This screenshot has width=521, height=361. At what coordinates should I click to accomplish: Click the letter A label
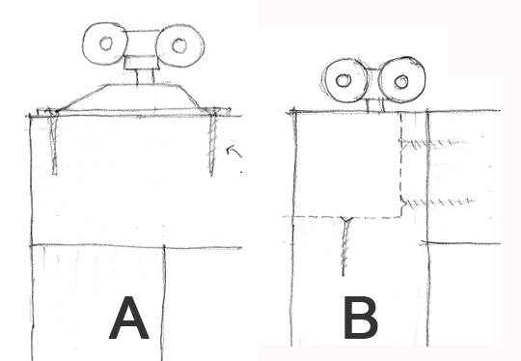point(129,318)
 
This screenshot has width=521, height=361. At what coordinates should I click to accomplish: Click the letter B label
point(361,318)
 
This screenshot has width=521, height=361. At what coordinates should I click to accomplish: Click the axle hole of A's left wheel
point(106,43)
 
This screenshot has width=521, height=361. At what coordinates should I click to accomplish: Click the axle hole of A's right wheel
point(179,45)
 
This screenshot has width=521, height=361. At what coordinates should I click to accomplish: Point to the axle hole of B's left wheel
point(343,80)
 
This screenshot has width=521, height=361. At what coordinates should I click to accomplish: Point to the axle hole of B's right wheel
point(401,81)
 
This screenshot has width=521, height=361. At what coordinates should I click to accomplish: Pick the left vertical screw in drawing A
point(54,142)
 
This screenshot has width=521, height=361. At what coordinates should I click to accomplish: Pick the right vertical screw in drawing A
point(212,142)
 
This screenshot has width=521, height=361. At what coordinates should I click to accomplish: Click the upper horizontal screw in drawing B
point(434,144)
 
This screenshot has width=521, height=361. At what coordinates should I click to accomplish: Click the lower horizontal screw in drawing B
point(438,202)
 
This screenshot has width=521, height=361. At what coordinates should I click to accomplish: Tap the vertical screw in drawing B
point(345,247)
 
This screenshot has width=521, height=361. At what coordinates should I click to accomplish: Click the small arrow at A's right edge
point(233,151)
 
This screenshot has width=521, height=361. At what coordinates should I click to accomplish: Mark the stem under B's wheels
point(375,105)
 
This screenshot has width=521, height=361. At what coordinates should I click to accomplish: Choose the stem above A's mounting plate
point(145,77)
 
